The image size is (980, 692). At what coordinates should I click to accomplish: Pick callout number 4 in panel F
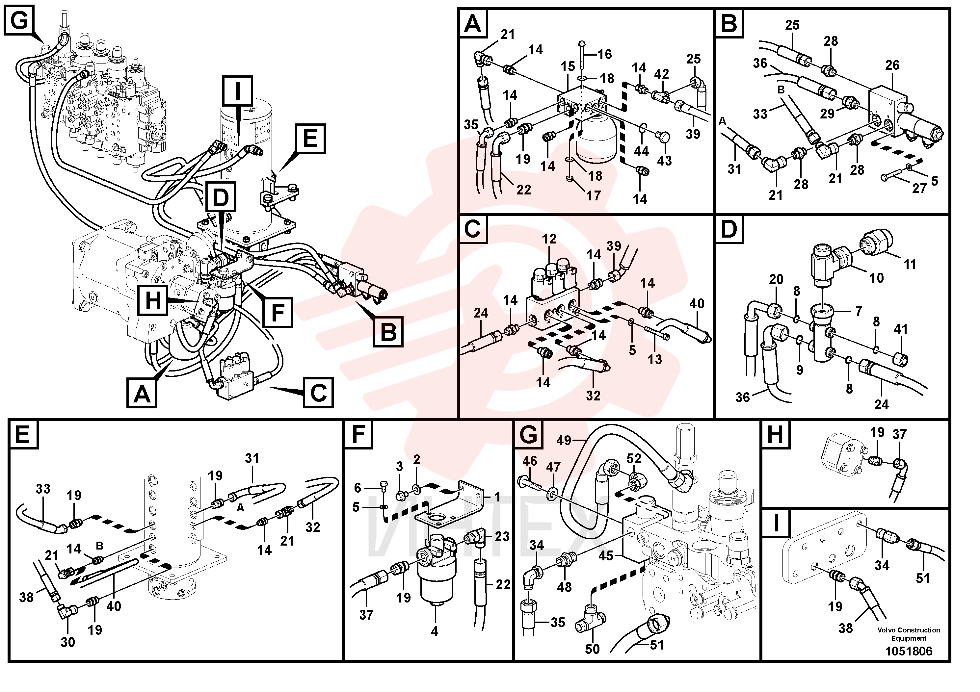(x=435, y=631)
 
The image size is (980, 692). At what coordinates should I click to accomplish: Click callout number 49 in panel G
(x=564, y=440)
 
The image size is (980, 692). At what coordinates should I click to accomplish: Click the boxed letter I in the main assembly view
(x=237, y=90)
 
